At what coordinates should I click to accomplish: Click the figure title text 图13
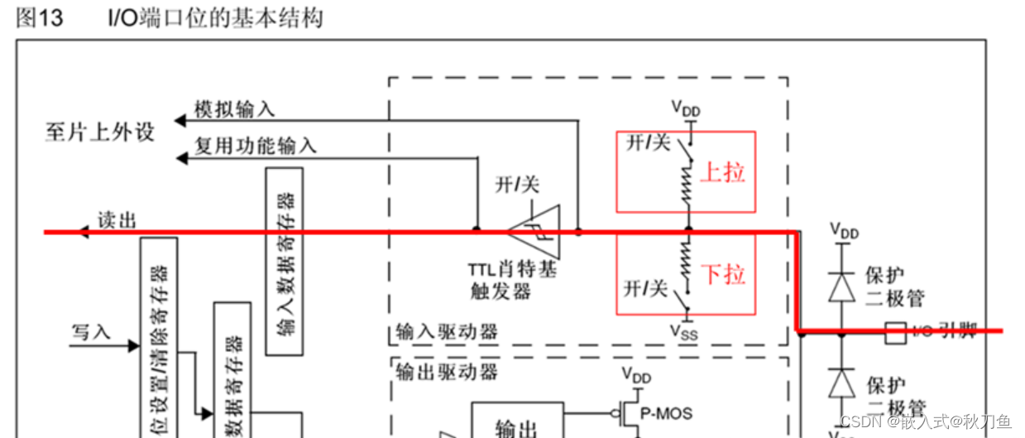coord(39,18)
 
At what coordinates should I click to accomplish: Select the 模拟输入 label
coord(234,109)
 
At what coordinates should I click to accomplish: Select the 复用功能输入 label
coord(255,146)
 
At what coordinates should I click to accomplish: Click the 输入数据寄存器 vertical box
coord(284,261)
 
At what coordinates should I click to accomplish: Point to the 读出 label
coord(117,219)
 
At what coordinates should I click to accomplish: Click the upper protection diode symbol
coord(841,286)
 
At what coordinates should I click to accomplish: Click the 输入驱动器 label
coord(445,332)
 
